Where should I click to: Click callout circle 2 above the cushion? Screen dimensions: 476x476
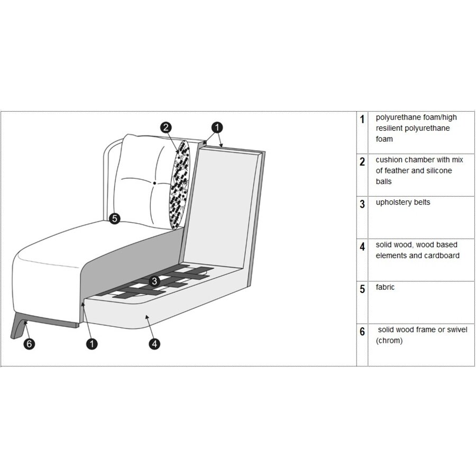(x=166, y=127)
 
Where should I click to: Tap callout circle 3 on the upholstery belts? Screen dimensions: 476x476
(x=154, y=281)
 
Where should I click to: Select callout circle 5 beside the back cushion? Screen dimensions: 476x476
(x=114, y=218)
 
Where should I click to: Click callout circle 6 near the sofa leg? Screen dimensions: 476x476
(x=29, y=344)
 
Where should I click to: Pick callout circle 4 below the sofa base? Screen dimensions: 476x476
(x=154, y=344)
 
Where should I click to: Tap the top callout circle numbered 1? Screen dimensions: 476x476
(x=217, y=127)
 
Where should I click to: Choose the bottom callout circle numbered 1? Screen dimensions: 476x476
(x=91, y=344)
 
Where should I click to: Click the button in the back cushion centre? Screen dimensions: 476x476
(x=154, y=183)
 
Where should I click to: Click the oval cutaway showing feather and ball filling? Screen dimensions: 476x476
(x=181, y=185)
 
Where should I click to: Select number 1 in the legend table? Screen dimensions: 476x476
(x=362, y=119)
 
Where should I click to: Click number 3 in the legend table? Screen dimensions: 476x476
(x=362, y=204)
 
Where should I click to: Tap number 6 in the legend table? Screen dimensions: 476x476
(x=362, y=331)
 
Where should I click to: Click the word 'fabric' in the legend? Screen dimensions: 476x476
(x=385, y=287)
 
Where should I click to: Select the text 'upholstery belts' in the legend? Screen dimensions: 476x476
(x=403, y=203)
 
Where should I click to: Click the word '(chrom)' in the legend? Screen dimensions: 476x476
(x=389, y=341)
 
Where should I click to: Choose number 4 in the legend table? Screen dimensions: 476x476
(x=362, y=246)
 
